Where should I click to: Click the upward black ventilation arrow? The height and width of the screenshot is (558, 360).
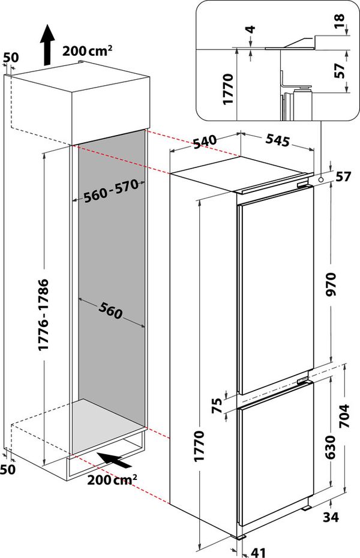pos(46,46)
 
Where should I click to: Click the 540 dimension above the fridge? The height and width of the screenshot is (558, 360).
pos(204,142)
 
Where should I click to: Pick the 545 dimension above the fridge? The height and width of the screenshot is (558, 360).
pos(277,141)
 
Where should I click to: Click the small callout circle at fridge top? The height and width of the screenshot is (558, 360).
pos(322,178)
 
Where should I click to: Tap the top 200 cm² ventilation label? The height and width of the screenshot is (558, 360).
pos(87,52)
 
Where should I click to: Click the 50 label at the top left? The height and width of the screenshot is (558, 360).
pos(11,58)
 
